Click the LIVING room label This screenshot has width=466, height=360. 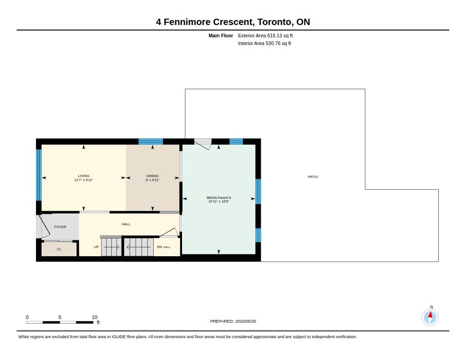coord(84,176)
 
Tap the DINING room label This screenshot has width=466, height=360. coord(152,176)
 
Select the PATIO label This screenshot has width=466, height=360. coord(313,177)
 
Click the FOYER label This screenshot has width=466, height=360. coord(61,227)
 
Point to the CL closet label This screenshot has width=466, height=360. coord(59,249)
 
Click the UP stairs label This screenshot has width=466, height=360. coord(96,247)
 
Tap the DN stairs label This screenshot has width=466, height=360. coord(159,247)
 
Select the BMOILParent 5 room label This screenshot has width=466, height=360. coord(219,198)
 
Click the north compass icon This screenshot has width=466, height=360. coord(430,317)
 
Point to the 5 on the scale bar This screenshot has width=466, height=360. coord(60,317)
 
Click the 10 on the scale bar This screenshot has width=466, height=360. coord(95,317)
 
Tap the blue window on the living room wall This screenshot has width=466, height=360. coord(39,175)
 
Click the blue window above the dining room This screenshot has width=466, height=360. coord(151,142)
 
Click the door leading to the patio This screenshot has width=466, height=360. coord(203,144)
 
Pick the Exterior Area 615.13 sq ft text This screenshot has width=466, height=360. coord(265,35)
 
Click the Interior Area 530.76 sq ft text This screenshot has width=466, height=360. coord(264,43)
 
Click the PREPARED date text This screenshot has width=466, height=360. coord(233,321)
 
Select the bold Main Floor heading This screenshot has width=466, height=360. coord(221,35)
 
